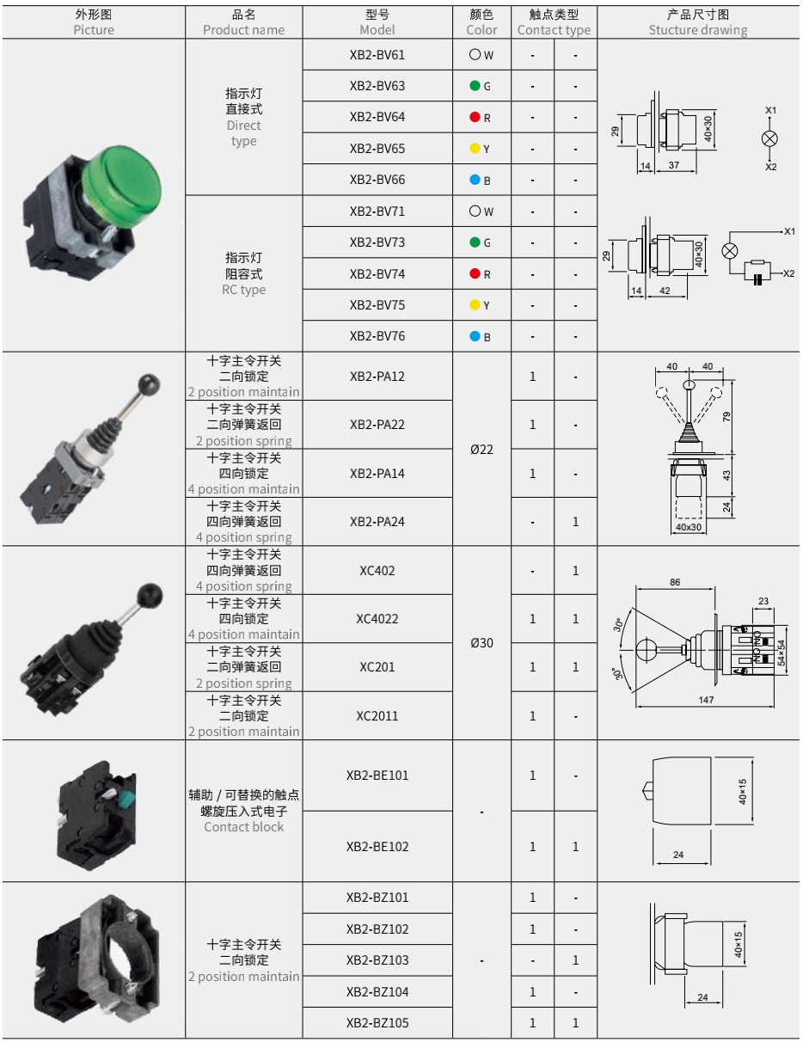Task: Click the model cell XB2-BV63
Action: coord(377,86)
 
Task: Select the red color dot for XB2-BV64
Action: coord(475,117)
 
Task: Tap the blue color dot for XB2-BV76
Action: coord(475,336)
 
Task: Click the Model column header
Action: coord(377,22)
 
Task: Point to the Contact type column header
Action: coord(554,22)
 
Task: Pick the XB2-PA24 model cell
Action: coord(377,522)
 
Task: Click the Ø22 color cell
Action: coord(481,450)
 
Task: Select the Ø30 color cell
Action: coord(481,642)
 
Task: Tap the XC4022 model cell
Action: coord(377,619)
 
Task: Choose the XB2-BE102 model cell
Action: coord(377,846)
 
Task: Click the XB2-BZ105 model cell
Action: coord(377,1023)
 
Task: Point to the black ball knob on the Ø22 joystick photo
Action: coord(149,383)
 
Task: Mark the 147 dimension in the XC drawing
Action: coord(706,700)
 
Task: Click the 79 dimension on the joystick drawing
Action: coord(726,416)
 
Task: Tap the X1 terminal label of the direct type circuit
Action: coord(770,110)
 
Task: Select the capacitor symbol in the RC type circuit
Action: coord(757,279)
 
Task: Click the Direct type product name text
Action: coord(243,132)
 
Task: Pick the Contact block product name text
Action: coord(243,827)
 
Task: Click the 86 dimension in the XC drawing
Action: coord(675,582)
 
